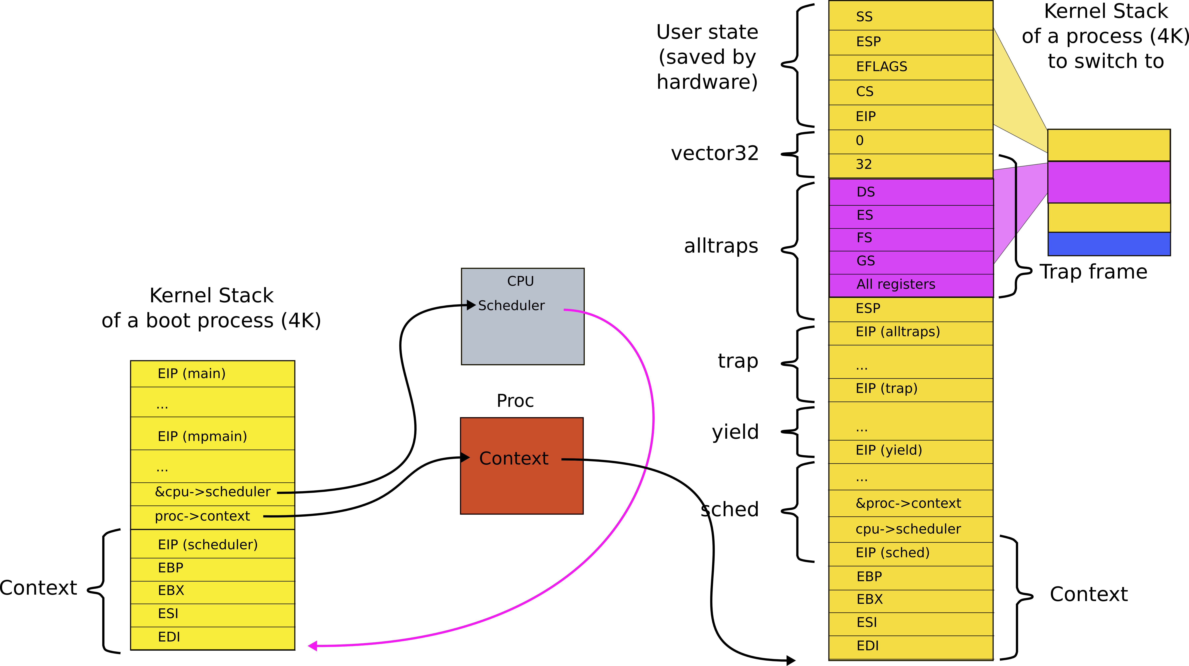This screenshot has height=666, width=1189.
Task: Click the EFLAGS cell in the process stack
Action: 910,67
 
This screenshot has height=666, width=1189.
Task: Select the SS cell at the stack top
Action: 910,17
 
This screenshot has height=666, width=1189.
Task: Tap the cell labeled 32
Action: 910,165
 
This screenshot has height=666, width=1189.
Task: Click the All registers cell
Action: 910,285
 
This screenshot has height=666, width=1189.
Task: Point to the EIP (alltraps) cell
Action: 910,332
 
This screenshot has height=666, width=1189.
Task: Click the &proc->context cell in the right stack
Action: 910,504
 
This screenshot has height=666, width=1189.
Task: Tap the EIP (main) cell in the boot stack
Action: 212,374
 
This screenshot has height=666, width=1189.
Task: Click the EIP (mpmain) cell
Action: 212,437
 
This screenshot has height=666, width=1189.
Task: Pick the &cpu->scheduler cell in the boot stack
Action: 212,492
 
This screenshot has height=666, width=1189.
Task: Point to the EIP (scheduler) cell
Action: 212,545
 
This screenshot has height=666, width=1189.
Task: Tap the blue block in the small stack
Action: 1109,244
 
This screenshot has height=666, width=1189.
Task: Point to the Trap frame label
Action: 1093,272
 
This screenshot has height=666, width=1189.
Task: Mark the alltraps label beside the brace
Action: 721,246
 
